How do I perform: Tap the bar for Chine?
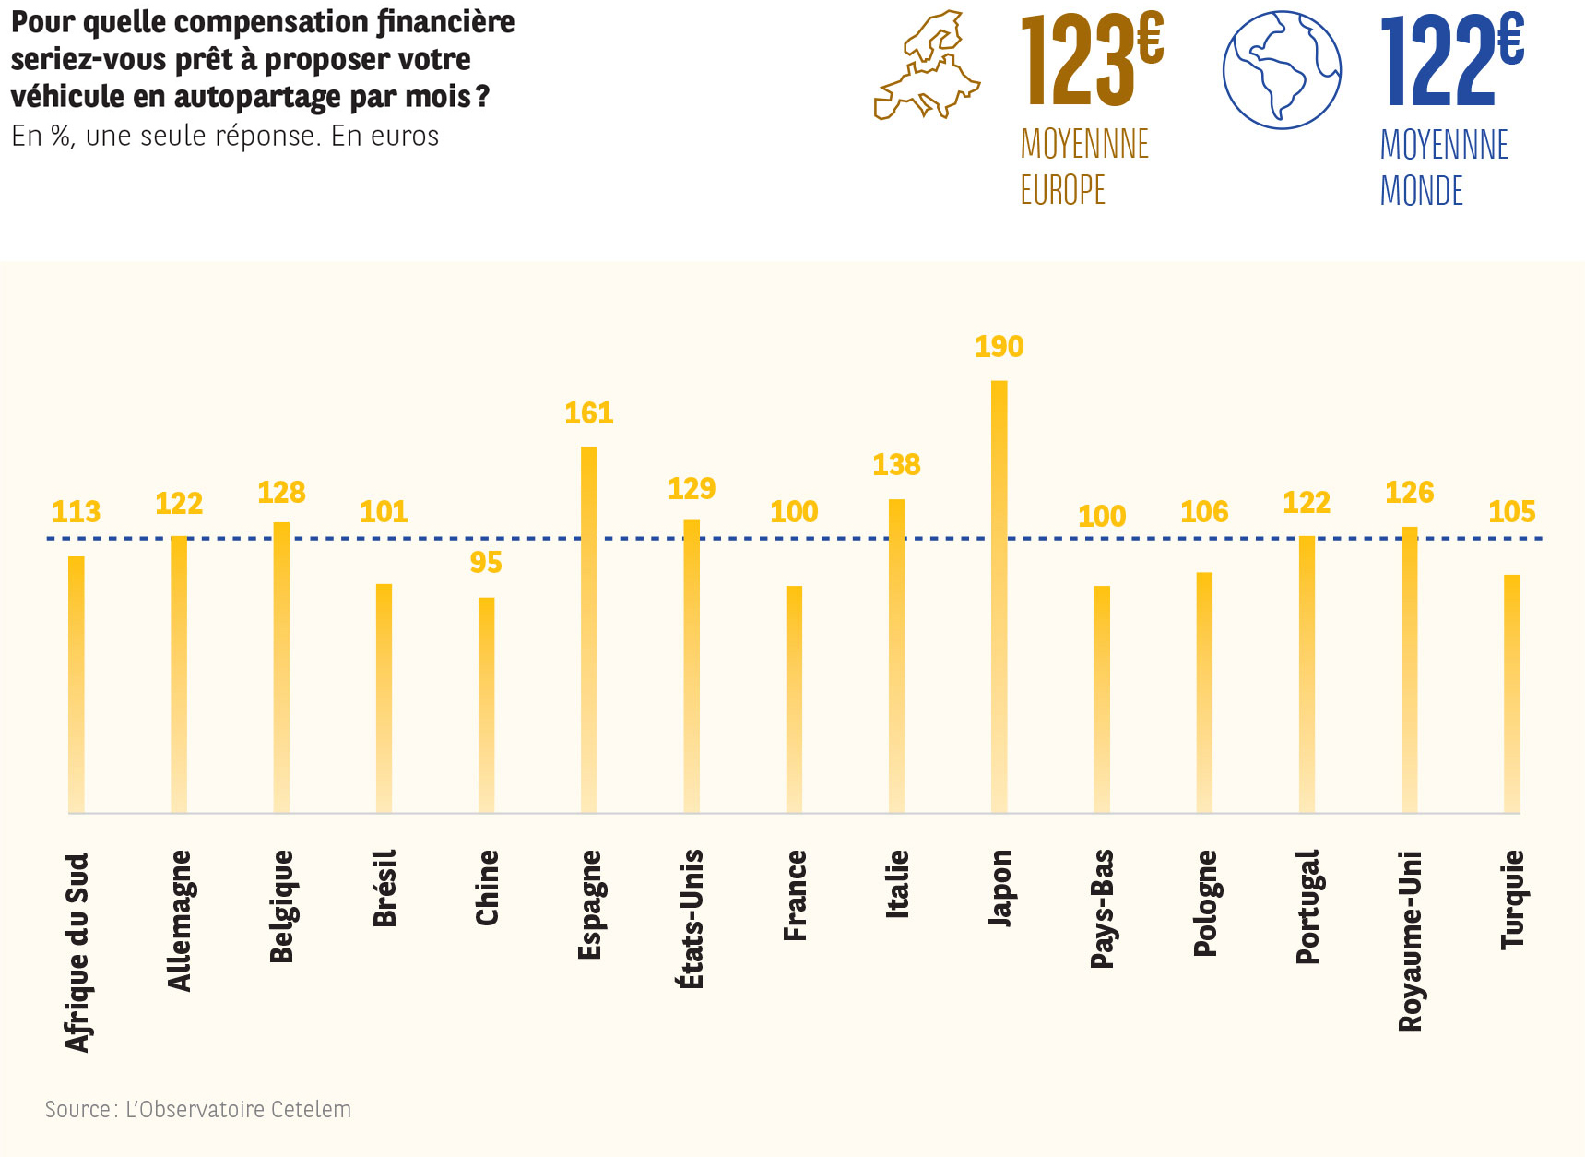(486, 705)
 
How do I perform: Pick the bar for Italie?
(896, 655)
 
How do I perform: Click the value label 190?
(999, 347)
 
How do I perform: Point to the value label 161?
(589, 413)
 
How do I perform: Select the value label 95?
(486, 563)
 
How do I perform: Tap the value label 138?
(896, 465)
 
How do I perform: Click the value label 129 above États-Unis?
(692, 489)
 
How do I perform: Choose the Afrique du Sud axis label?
(77, 951)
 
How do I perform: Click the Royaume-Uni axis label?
(1410, 940)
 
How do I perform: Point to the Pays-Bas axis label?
(1102, 909)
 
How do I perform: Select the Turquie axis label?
(1512, 900)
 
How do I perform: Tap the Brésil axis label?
(384, 888)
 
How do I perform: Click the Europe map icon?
(927, 66)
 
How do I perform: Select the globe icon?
(1282, 70)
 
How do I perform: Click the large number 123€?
(1092, 60)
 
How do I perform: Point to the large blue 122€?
(1451, 60)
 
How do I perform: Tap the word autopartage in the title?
(256, 97)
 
